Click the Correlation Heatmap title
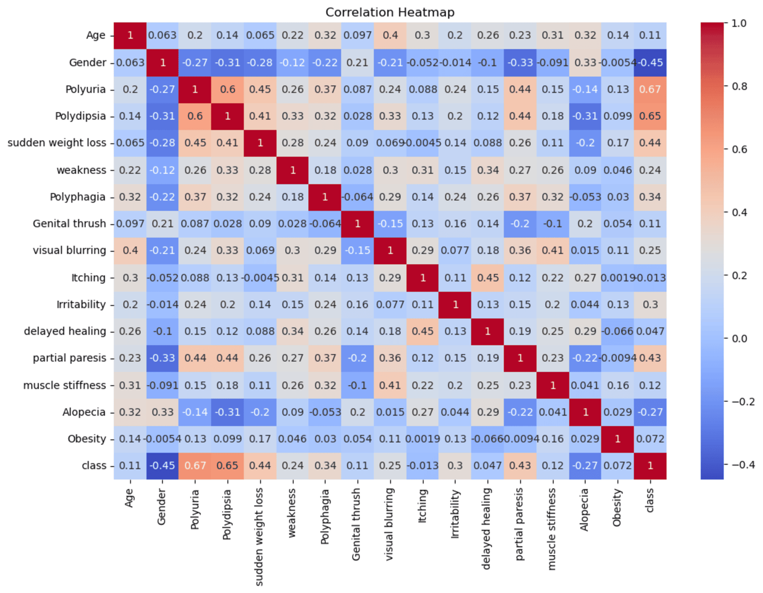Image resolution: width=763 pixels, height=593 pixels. pyautogui.click(x=390, y=12)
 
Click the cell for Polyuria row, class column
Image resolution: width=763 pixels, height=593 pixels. pyautogui.click(x=650, y=89)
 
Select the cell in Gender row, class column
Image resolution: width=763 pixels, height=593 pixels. pyautogui.click(x=650, y=63)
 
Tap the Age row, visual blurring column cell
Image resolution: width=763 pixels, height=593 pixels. pyautogui.click(x=390, y=35)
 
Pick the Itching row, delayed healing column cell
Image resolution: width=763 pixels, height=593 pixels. pyautogui.click(x=487, y=278)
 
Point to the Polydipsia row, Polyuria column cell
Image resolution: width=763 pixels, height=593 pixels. pyautogui.click(x=195, y=116)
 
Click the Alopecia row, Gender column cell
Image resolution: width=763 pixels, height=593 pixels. pyautogui.click(x=163, y=412)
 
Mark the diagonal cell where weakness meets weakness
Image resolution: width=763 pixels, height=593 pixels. pyautogui.click(x=292, y=170)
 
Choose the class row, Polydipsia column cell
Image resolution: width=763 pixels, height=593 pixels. pyautogui.click(x=227, y=466)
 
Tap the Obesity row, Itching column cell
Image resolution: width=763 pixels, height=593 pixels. pyautogui.click(x=422, y=439)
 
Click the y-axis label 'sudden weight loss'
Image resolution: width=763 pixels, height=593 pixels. pyautogui.click(x=57, y=143)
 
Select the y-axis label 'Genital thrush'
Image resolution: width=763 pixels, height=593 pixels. pyautogui.click(x=69, y=223)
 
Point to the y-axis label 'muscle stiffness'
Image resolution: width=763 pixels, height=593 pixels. pyautogui.click(x=64, y=385)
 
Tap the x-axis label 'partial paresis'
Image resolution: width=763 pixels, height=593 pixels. pyautogui.click(x=520, y=524)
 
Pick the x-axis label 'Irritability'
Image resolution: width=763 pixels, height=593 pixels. pyautogui.click(x=455, y=513)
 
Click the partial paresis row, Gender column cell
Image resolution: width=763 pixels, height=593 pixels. pyautogui.click(x=163, y=358)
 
